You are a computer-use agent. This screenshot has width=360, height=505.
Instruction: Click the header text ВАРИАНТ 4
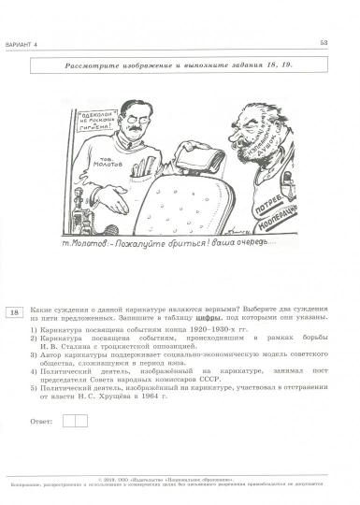tap(36, 41)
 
